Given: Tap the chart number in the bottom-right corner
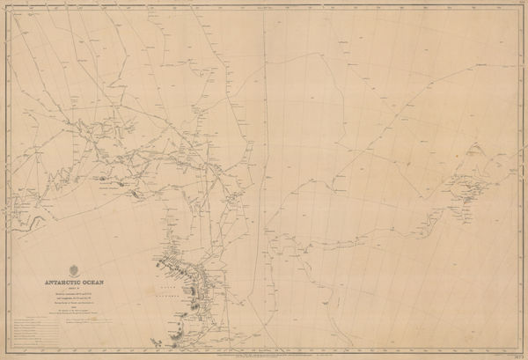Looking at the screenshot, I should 515,355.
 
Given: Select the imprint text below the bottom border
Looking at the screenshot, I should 264,355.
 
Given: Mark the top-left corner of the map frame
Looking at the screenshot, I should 7,7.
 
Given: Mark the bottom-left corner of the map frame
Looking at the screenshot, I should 7,351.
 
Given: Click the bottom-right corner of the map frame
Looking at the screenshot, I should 521,351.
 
